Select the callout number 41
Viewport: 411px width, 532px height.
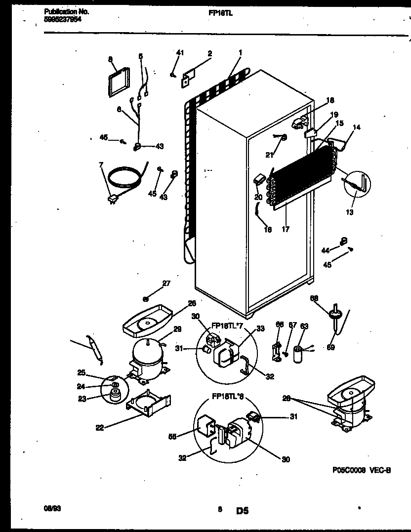(180, 52)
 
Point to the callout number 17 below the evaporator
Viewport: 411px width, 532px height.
(285, 229)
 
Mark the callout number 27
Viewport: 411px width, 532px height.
(166, 283)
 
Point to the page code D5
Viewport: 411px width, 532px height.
(242, 511)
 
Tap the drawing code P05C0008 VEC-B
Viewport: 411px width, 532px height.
(361, 471)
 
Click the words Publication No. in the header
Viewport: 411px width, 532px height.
(63, 11)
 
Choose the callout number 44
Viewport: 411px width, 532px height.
(325, 251)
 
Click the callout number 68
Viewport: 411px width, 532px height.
(314, 298)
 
